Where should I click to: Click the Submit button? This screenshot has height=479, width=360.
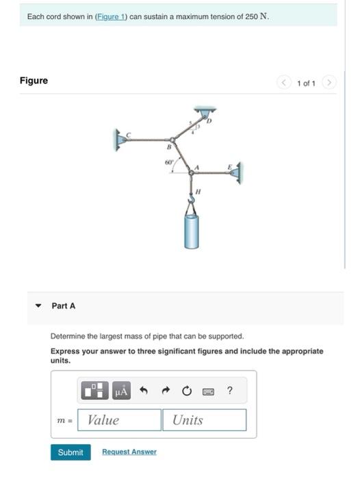pos(70,452)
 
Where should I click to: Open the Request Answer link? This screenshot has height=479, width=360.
pos(129,452)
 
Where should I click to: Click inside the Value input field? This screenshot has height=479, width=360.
pos(119,420)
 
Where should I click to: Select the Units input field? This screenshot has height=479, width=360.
pos(204,420)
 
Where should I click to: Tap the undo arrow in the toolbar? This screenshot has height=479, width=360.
pos(144,391)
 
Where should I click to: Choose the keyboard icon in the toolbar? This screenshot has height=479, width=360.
pos(208,391)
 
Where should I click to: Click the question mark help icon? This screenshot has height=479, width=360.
pos(229,391)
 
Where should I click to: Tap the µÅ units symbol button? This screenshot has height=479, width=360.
pos(121,391)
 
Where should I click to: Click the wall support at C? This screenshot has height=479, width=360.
pos(120,140)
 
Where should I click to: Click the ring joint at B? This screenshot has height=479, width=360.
pos(172,140)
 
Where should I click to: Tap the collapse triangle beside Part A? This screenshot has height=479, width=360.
pos(38,306)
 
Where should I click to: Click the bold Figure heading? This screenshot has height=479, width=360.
pos(34,81)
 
